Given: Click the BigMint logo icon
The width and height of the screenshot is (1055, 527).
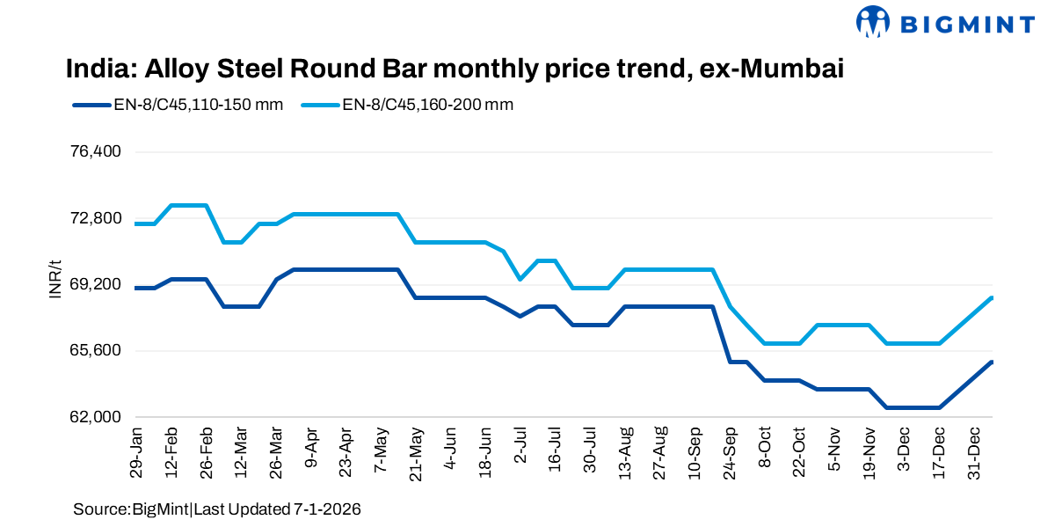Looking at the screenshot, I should pos(873,21).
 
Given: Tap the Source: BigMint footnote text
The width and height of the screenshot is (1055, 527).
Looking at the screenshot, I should pos(217,509).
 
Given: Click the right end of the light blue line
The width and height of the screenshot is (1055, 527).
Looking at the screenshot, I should pos(992,298).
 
